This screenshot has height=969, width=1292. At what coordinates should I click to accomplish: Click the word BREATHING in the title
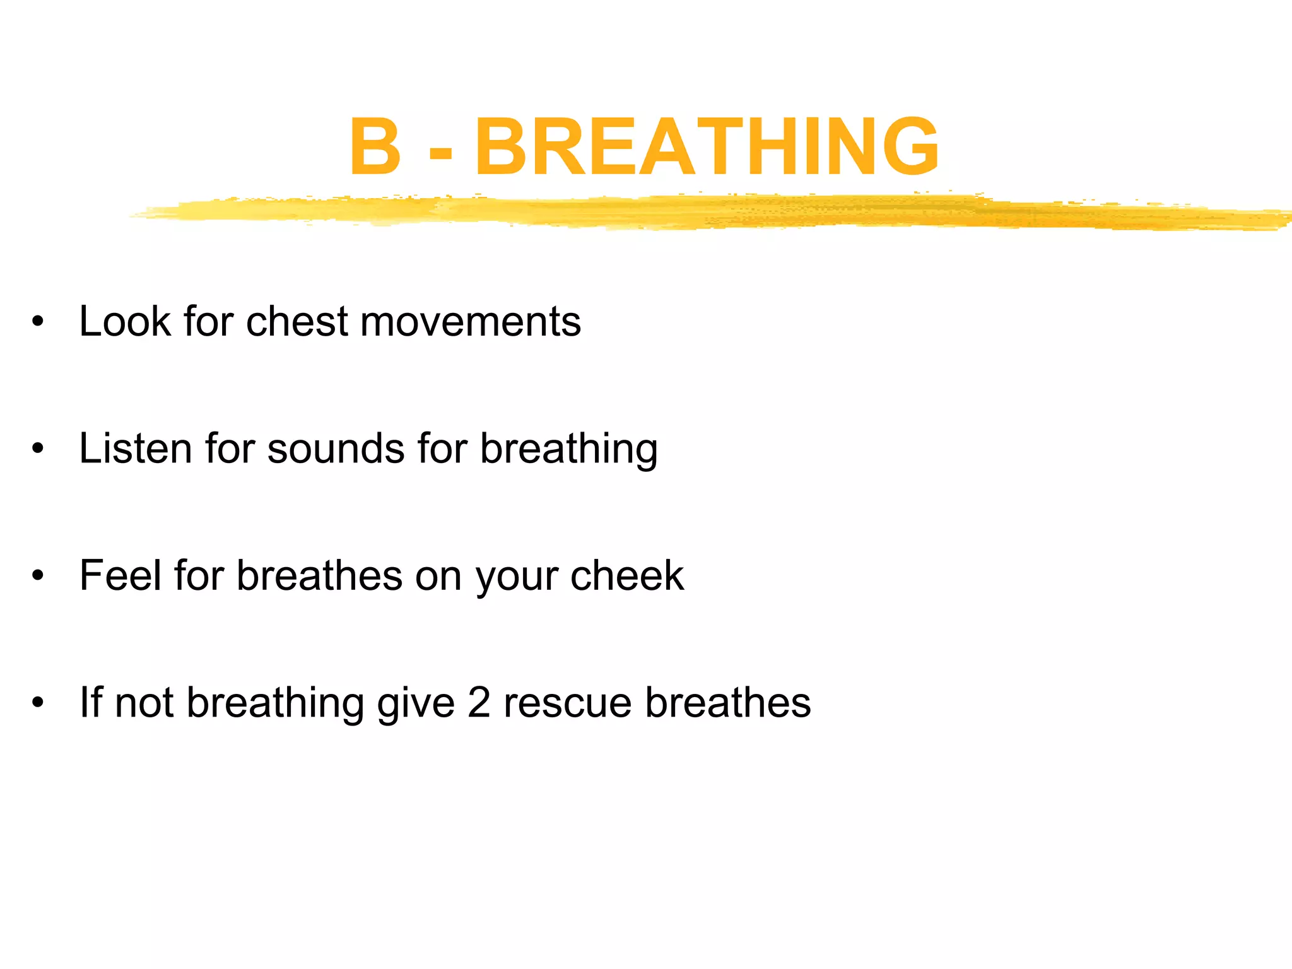707,146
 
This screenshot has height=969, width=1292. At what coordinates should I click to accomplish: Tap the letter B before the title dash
375,146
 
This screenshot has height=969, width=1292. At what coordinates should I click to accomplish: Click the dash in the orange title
440,152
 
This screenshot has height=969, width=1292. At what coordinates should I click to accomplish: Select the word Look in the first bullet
125,321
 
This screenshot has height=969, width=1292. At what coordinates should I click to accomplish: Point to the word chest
297,321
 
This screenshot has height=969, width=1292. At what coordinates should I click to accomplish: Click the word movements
471,322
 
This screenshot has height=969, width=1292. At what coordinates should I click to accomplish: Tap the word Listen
136,449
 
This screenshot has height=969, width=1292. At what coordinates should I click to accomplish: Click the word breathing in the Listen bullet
568,450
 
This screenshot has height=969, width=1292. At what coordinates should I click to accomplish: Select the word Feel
120,575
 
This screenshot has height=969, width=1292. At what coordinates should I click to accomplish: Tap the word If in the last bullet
91,702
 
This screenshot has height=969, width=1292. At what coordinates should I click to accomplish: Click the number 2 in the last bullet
479,703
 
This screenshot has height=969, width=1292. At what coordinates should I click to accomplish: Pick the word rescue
567,703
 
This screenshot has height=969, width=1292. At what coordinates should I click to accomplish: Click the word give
416,703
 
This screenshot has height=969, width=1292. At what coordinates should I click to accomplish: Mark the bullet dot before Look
38,322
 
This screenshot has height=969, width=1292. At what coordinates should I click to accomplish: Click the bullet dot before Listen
38,449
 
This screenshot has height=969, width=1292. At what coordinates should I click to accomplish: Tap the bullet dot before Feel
38,575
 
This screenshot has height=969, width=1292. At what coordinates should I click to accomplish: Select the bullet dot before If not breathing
38,703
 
